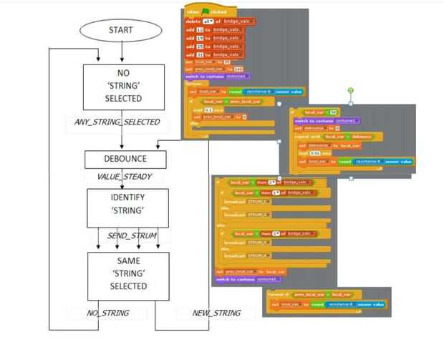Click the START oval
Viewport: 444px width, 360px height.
120,29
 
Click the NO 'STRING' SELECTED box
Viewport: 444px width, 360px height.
122,85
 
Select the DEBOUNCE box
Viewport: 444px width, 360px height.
125,159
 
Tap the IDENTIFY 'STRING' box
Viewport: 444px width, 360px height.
127,208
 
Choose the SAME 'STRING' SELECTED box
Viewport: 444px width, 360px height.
128,274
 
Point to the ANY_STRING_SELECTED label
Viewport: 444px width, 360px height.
117,122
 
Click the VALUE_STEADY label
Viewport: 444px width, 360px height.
124,177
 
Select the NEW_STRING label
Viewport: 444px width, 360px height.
216,313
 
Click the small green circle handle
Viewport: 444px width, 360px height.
351,91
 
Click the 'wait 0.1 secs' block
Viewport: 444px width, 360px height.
203,110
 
